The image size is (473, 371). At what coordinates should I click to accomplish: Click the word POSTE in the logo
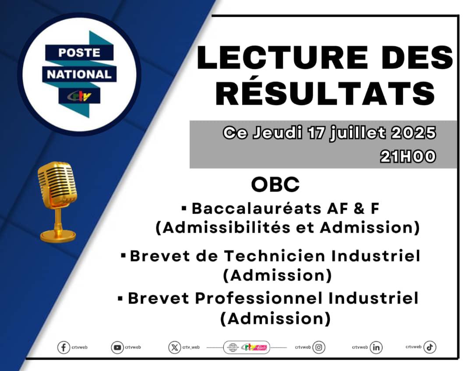79,53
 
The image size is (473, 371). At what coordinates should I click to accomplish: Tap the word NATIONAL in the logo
79,74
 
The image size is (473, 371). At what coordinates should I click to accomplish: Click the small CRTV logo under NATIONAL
79,96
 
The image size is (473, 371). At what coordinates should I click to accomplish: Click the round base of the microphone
58,236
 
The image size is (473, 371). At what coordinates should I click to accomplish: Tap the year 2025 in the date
413,133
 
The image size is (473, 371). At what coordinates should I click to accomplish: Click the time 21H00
408,156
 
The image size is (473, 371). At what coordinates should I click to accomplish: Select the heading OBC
275,184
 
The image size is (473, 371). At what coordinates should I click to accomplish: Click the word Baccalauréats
256,208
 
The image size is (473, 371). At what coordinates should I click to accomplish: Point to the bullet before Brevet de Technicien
123,256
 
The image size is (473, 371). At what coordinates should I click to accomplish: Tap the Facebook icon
64,347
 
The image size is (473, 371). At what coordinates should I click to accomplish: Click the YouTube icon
117,347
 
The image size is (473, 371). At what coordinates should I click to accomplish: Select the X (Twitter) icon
174,347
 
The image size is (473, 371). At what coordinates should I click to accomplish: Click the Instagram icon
318,347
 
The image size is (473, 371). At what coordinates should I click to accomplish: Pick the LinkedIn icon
376,347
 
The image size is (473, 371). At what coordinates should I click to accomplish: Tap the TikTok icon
430,347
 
